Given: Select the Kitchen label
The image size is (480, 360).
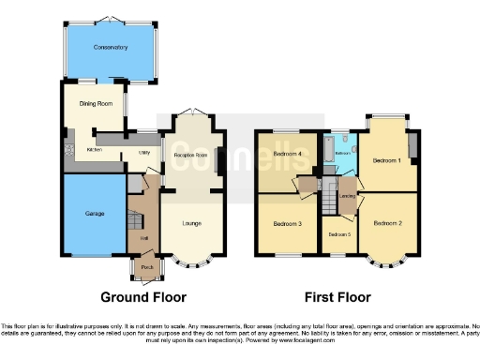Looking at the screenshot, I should point(94,149).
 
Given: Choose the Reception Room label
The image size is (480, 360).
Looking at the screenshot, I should point(190,154).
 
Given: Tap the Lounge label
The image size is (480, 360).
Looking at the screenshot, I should point(190,224).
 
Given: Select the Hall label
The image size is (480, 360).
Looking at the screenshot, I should point(144,238).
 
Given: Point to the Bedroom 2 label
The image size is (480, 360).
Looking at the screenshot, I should point(386,223).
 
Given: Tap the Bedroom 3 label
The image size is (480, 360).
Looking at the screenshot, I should point(287,225).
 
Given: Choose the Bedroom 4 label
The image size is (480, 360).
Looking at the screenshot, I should point(287,153).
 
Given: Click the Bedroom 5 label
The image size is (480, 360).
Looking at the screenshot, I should point(337,233).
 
